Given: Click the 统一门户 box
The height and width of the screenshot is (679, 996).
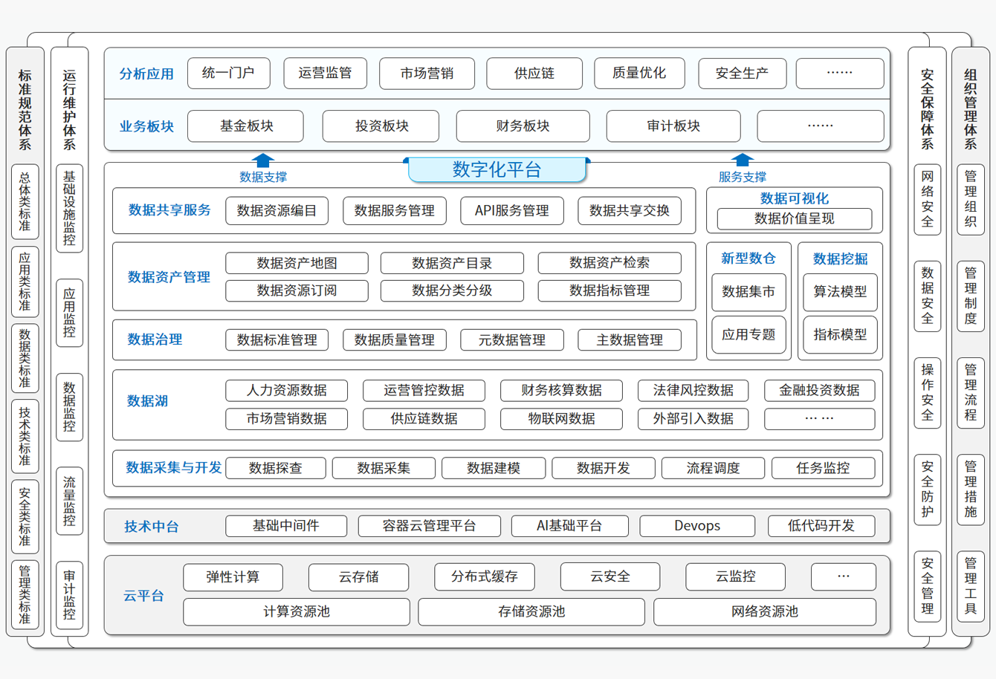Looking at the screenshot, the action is point(228,73).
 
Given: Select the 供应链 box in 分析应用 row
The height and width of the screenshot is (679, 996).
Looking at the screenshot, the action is point(534,74).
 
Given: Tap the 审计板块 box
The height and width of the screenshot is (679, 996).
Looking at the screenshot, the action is point(673,126).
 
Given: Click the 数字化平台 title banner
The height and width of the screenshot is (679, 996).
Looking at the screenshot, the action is point(497,169).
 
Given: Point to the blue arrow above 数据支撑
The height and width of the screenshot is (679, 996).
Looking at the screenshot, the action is point(263,160).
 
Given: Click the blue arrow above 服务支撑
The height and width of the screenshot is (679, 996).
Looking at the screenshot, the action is point(742,160).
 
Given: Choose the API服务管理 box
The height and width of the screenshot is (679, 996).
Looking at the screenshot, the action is point(512,211).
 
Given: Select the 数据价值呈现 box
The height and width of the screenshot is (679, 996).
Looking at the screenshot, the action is point(794,218).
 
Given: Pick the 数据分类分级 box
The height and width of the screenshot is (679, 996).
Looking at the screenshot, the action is point(452,290).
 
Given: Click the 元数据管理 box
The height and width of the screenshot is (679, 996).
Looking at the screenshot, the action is point(512,340).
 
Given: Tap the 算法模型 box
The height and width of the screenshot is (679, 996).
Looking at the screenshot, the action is point(840,292).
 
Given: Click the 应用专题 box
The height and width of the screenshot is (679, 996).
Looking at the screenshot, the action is point(748,334).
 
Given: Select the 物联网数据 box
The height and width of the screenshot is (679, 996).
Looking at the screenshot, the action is point(561,418).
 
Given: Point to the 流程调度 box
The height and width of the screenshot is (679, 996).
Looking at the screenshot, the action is point(713,468).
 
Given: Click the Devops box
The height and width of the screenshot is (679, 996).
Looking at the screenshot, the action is point(696,526).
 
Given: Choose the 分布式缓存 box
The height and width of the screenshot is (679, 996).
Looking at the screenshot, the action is point(484,576).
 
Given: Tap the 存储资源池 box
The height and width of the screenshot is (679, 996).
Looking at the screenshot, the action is point(531,612).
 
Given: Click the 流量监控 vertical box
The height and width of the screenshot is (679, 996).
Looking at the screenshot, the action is point(69,501).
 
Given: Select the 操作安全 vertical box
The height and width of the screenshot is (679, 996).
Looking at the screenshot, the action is point(927,393).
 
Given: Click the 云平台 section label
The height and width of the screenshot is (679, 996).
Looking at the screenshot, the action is point(143,596).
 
